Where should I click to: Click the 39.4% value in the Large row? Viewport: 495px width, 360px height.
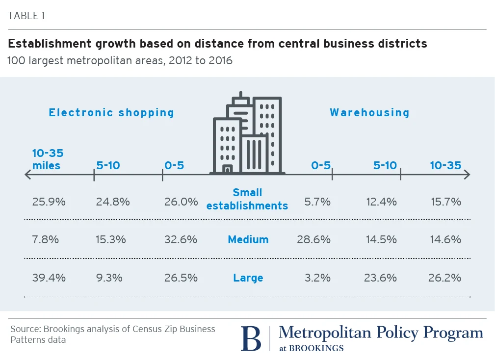(49, 278)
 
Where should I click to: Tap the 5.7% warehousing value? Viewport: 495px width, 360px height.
(320, 201)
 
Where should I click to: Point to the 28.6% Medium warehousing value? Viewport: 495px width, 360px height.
(313, 239)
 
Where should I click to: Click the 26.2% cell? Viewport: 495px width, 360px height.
(445, 278)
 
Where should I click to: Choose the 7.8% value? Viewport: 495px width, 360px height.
(46, 239)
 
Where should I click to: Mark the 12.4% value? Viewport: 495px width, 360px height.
(381, 201)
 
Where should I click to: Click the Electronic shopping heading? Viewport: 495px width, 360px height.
(111, 112)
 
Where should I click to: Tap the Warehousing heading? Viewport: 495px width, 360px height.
(369, 112)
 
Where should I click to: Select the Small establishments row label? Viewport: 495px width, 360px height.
(247, 199)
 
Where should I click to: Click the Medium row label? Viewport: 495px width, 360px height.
(248, 239)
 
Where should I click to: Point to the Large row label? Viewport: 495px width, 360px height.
(248, 278)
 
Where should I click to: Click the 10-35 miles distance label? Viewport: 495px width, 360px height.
(48, 159)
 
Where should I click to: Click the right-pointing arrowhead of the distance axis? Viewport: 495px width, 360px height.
(467, 174)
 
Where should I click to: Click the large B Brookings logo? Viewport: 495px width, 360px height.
(251, 337)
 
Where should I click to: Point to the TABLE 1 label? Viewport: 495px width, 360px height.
(26, 15)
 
